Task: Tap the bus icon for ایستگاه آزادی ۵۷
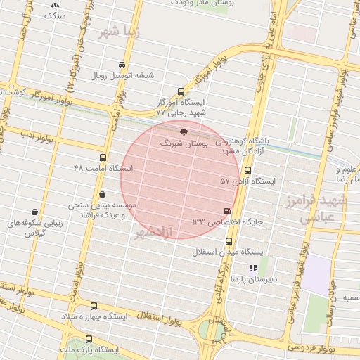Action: (x=247, y=170)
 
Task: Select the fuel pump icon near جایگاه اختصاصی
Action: (x=226, y=210)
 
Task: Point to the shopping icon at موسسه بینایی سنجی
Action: (x=103, y=194)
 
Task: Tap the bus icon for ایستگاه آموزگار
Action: (x=181, y=91)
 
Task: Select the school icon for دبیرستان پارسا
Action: (x=254, y=268)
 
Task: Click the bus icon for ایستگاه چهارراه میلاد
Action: (x=94, y=306)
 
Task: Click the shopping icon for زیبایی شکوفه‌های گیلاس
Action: (x=34, y=212)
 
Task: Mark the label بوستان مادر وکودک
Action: (x=204, y=4)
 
